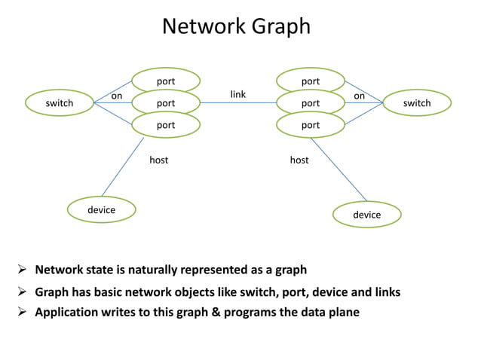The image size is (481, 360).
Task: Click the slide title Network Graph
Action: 236,26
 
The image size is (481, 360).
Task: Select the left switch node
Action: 60,103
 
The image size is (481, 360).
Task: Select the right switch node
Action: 417,103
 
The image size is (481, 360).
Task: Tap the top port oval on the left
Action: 166,81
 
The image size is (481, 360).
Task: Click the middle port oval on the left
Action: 166,103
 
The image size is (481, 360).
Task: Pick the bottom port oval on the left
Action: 166,125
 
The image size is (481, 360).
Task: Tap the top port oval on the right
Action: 311,81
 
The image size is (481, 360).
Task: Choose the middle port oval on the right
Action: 311,103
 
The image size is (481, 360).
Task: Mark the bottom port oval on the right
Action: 311,125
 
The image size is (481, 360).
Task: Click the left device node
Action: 101,209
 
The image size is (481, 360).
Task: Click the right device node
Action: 367,215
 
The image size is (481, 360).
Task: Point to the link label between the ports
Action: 237,94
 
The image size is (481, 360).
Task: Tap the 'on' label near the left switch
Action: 117,96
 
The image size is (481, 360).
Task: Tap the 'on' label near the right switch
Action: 360,96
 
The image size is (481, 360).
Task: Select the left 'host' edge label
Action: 158,160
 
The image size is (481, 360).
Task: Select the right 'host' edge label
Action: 299,160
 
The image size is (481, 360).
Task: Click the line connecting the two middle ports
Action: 237,103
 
